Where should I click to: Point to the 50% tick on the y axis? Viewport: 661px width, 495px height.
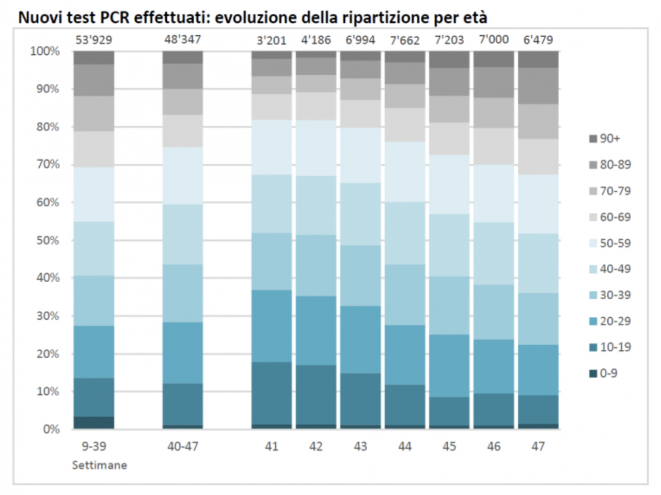click(x=48, y=240)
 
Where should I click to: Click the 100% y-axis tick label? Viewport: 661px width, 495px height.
click(x=45, y=51)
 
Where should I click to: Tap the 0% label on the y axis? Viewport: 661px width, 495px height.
click(x=51, y=429)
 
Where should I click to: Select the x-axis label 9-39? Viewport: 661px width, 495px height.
click(x=93, y=446)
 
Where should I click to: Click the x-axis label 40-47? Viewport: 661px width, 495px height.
click(x=182, y=446)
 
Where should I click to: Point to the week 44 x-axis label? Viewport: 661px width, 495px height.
click(x=405, y=446)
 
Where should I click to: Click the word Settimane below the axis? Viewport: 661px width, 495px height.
click(x=99, y=465)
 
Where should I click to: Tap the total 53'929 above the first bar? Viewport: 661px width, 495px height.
click(x=93, y=40)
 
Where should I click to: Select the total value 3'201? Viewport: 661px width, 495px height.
click(x=272, y=40)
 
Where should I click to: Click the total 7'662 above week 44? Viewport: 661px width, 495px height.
click(x=405, y=40)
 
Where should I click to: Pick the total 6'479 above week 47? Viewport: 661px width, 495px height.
click(x=538, y=40)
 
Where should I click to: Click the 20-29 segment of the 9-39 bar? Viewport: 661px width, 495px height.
click(x=93, y=351)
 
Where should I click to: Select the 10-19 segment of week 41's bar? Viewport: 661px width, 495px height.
click(x=272, y=393)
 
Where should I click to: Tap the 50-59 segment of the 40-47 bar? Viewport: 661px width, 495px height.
click(x=182, y=176)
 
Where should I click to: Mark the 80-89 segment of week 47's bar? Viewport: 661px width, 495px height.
click(x=538, y=86)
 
